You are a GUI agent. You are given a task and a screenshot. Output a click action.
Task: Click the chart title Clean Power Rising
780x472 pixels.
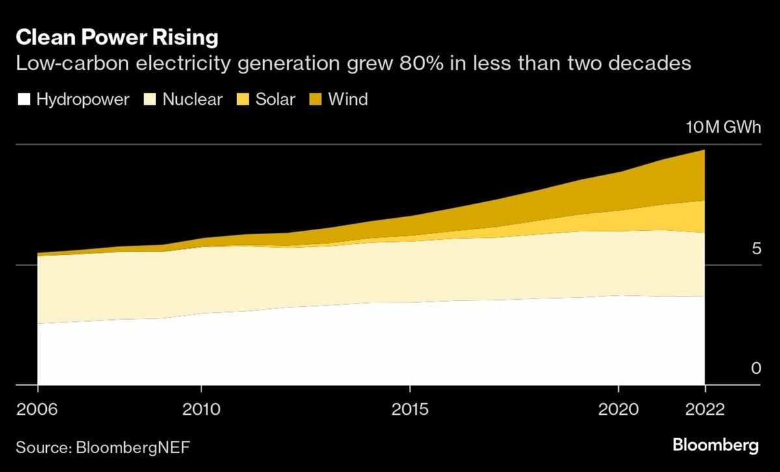coord(116,38)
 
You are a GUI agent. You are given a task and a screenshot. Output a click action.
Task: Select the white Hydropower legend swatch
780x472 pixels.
coord(24,99)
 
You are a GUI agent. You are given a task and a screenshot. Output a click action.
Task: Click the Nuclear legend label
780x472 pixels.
coord(192,99)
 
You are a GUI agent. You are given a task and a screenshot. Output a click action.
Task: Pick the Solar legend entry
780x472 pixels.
coord(275,99)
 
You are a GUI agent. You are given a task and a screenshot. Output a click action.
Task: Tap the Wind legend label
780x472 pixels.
coord(348,99)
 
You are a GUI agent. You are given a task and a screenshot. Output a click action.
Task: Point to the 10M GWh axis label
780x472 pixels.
coord(723,127)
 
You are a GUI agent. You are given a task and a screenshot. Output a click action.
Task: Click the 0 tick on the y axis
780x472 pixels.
coord(755,369)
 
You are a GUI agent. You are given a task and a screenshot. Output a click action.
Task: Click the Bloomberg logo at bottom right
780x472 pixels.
coord(715,446)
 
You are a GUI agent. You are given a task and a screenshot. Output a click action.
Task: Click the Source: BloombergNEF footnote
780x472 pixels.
coord(103,447)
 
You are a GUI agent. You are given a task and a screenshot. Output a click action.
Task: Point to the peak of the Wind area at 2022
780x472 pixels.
coord(704,151)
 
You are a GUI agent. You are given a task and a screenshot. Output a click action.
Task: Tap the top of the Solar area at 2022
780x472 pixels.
coord(704,202)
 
